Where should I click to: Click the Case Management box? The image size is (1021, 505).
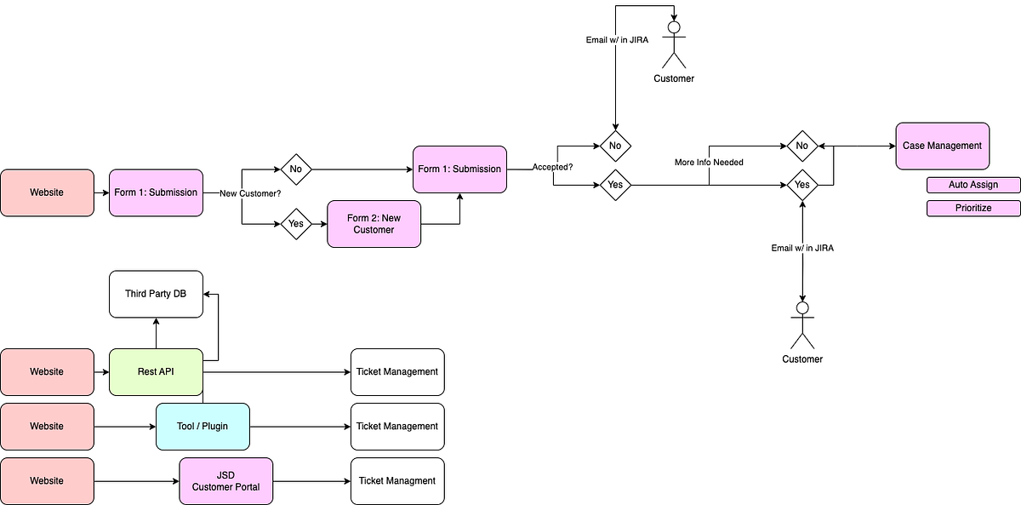tap(942, 146)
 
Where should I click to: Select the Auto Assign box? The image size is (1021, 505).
tap(973, 185)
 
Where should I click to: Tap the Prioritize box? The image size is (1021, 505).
tap(973, 208)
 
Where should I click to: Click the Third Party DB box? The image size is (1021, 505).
tap(156, 295)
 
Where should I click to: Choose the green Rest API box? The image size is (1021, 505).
tap(156, 372)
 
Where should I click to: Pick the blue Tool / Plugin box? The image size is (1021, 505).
tap(202, 427)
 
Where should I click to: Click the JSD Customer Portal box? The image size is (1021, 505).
tap(225, 481)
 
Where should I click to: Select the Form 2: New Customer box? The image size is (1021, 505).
tap(374, 224)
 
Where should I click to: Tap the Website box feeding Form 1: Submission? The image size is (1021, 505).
tap(47, 192)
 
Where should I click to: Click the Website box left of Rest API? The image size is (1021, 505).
tap(47, 372)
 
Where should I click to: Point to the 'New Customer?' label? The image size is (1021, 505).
tap(250, 193)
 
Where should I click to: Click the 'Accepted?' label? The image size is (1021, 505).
tap(553, 167)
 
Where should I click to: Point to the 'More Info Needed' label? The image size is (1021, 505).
tap(709, 162)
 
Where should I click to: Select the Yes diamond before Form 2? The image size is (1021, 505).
tap(296, 224)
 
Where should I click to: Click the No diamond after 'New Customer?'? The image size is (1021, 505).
tap(296, 169)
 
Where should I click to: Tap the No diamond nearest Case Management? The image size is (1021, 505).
tap(801, 146)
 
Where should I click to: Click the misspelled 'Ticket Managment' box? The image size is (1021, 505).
tap(397, 481)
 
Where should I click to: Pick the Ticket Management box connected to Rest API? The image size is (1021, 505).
tap(397, 372)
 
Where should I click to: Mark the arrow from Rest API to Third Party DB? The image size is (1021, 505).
tap(156, 333)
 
